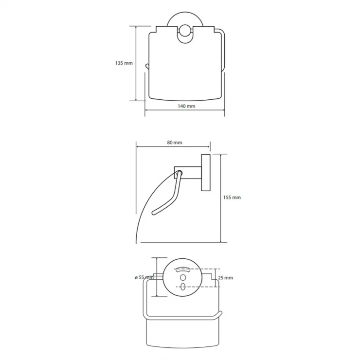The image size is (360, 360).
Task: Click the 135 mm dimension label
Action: click(x=124, y=63)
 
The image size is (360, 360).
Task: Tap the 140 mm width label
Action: click(x=186, y=106)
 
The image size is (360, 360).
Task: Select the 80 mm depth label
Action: click(x=175, y=143)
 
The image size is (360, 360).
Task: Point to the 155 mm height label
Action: click(x=232, y=198)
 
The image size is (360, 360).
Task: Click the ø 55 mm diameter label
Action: click(x=144, y=278)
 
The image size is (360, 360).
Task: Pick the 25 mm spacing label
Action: click(x=225, y=278)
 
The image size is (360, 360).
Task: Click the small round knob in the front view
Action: click(x=185, y=31)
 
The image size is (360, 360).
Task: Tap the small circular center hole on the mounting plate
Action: click(x=183, y=278)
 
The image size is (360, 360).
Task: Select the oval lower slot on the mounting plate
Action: click(x=183, y=287)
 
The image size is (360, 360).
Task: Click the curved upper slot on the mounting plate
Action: click(x=183, y=269)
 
